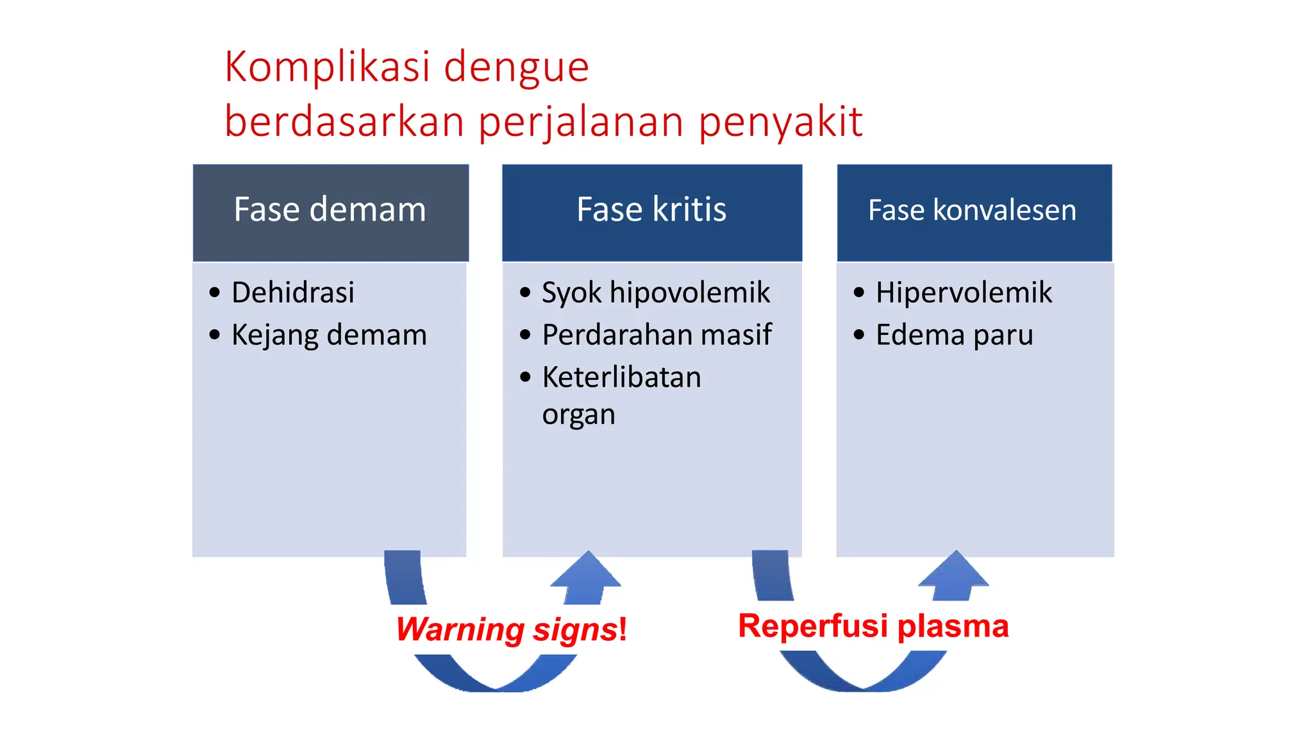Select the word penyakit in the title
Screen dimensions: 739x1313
tap(780, 122)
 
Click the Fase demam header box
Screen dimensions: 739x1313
tap(330, 212)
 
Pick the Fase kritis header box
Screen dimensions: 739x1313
tap(651, 212)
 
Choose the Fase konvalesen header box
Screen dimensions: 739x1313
tap(973, 212)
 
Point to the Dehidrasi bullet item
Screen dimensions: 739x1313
tap(292, 293)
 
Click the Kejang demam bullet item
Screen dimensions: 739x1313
tap(329, 335)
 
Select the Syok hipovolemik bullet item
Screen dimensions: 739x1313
tap(655, 293)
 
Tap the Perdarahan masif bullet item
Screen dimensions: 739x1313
tap(656, 335)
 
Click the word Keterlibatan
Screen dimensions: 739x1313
tap(621, 377)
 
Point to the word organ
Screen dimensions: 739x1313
tap(578, 415)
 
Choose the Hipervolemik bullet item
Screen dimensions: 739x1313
tap(964, 293)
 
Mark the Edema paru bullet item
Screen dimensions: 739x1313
tap(954, 335)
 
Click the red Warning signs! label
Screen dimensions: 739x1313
tap(511, 629)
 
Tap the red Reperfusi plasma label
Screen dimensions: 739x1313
tap(873, 626)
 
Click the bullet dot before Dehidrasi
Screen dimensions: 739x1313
tap(215, 293)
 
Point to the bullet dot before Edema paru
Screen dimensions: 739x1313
tap(859, 335)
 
